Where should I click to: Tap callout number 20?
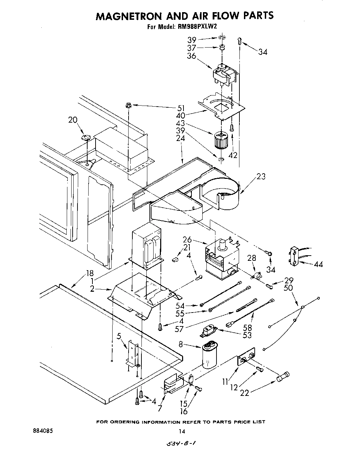(x=73, y=120)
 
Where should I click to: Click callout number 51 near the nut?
(x=181, y=108)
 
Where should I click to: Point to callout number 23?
(x=261, y=176)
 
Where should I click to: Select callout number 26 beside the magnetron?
(x=187, y=240)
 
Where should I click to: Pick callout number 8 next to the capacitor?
(x=181, y=344)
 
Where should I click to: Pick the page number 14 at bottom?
(x=181, y=431)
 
